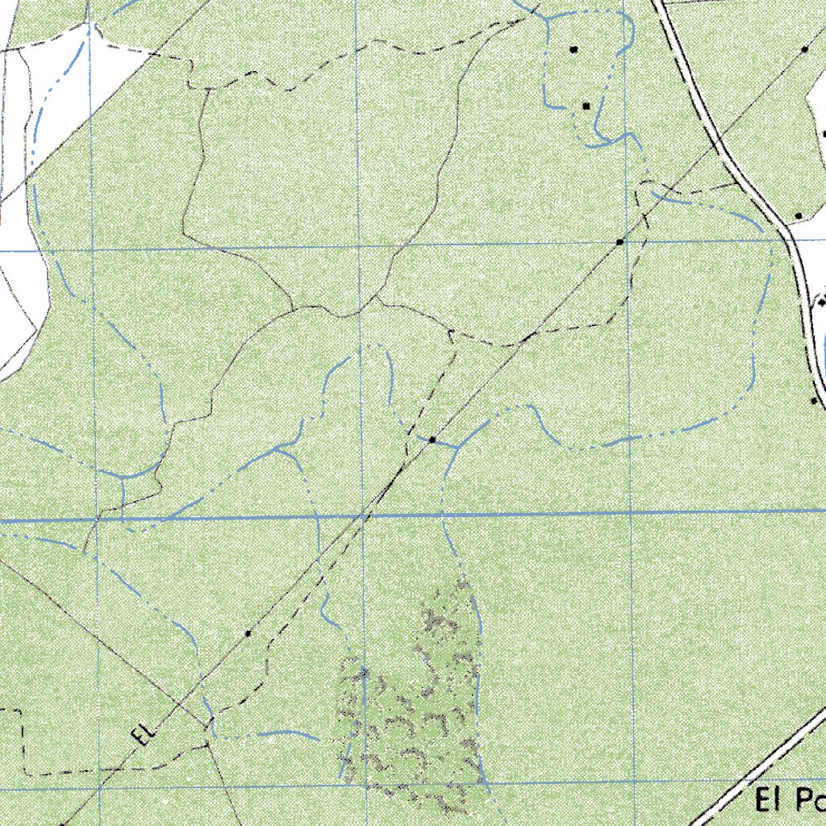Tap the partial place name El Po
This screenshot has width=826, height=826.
[791, 801]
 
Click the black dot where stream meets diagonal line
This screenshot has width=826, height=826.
[433, 440]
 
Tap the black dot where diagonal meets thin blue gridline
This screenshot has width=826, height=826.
[619, 242]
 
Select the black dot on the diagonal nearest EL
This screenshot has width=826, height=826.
[248, 634]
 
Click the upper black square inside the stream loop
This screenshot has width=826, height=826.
[574, 50]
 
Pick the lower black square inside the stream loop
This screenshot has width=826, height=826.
[586, 106]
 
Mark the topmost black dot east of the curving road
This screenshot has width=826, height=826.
[805, 49]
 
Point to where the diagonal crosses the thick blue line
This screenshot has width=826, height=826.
[365, 514]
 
